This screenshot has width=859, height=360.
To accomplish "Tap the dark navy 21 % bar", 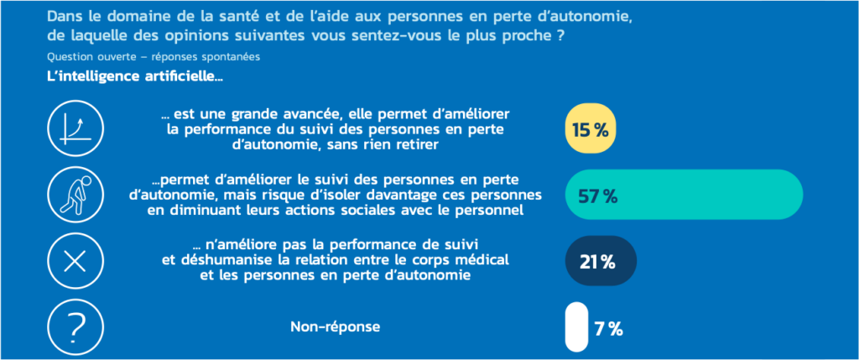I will tap(601, 262).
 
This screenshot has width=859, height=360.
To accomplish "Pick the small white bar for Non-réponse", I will tap(576, 327).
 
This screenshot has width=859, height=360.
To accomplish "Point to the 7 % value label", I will tap(608, 329).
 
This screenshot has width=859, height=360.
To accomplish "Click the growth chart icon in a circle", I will tap(75, 131).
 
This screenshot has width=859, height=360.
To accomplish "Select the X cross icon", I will tap(75, 262).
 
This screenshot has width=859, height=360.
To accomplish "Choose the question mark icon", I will tap(75, 326).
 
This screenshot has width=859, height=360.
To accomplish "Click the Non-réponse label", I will tap(335, 326).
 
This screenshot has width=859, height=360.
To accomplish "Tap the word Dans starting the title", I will tap(64, 16).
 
